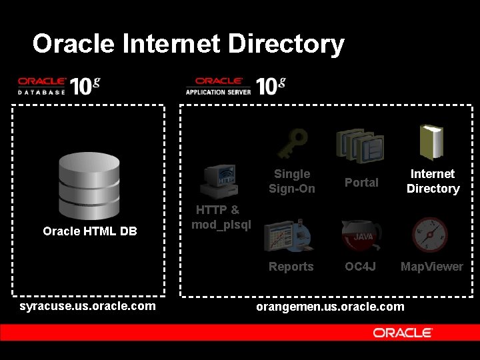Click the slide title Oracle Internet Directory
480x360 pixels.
[x=188, y=44]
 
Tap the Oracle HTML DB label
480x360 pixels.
[x=90, y=231]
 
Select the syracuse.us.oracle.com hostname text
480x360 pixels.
[x=88, y=306]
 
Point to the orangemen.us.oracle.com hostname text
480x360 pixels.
[x=331, y=307]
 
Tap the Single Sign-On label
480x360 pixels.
[x=292, y=181]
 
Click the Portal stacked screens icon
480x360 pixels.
[x=360, y=145]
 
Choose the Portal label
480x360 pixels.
[x=361, y=183]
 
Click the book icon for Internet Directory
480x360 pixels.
[x=431, y=143]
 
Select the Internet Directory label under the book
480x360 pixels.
[x=433, y=181]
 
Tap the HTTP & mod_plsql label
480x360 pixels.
[x=221, y=217]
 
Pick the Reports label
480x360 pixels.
[x=291, y=267]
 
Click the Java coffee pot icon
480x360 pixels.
[x=361, y=235]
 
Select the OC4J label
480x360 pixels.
[x=361, y=267]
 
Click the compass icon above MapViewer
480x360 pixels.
[x=430, y=235]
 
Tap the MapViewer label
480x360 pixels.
[x=431, y=267]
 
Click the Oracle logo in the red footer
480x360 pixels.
[x=403, y=333]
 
